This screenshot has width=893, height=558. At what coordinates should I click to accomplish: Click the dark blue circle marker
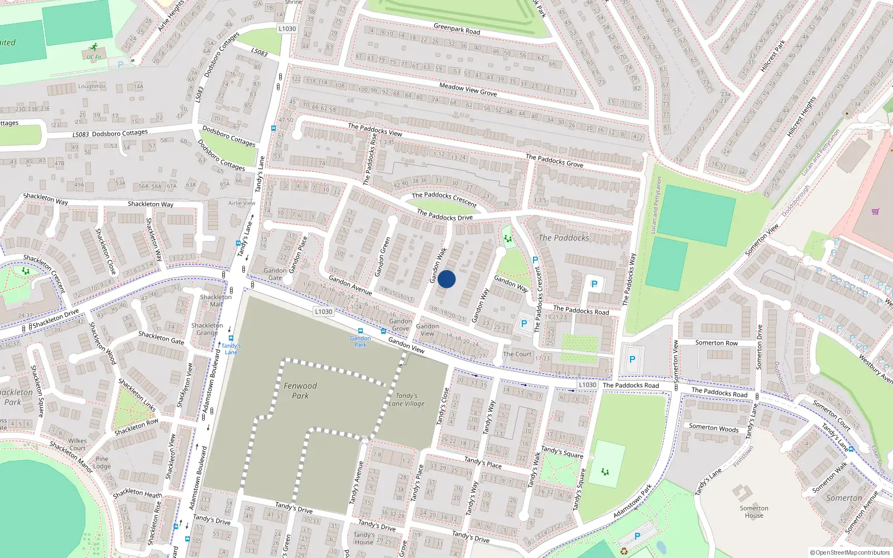(x=446, y=279)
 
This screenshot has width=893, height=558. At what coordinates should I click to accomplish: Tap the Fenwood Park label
(x=300, y=391)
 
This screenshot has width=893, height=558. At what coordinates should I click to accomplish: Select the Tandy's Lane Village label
(x=407, y=400)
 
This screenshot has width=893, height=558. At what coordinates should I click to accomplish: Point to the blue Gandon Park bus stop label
(x=361, y=341)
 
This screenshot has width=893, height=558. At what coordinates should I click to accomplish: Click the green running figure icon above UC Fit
(x=94, y=47)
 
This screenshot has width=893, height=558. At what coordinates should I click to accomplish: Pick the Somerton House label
(x=754, y=512)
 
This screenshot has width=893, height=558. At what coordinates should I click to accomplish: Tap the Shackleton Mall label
(x=216, y=300)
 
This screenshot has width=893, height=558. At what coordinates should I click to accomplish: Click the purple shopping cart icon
(x=875, y=211)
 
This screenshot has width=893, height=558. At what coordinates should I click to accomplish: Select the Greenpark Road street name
(x=457, y=28)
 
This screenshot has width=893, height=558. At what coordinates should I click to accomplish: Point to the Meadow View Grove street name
(x=468, y=89)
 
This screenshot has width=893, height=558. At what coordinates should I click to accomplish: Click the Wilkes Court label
(x=78, y=444)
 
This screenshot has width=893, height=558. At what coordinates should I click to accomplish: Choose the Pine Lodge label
(x=102, y=463)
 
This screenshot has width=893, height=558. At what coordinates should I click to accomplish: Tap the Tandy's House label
(x=364, y=538)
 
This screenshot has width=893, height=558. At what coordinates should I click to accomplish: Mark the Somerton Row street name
(x=716, y=343)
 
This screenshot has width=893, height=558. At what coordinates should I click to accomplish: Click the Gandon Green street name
(x=382, y=257)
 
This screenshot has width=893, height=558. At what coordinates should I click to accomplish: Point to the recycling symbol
(x=624, y=551)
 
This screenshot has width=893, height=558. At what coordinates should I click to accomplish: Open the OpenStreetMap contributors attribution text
(x=849, y=553)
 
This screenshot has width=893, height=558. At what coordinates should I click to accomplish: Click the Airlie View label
(x=242, y=203)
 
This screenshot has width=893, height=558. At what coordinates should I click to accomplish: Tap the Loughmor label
(x=92, y=86)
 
